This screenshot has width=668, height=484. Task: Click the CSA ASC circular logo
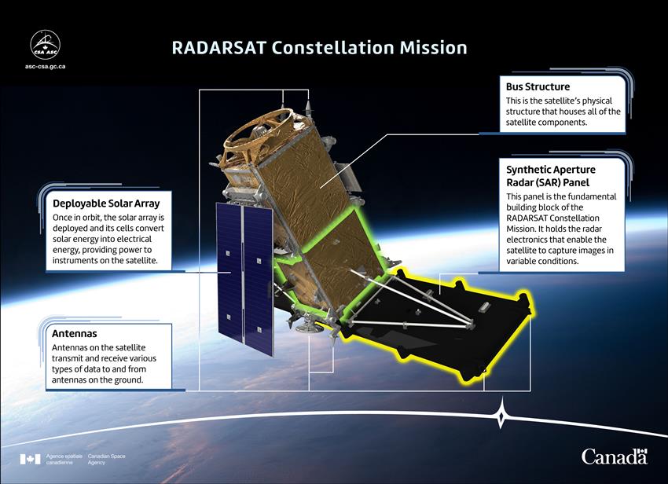point(45,45)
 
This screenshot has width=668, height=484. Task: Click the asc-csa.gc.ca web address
point(45,67)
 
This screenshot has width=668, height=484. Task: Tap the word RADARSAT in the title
point(219,47)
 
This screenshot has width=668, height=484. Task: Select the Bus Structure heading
point(538,86)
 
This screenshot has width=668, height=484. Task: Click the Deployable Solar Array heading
point(106,203)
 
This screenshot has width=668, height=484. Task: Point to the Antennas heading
point(75,333)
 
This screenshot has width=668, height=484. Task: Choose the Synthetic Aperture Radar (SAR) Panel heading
point(550,176)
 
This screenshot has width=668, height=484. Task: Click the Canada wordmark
point(615,456)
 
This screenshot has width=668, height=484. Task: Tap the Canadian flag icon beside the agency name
point(30,460)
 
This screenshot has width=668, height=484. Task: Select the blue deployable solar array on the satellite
point(244,278)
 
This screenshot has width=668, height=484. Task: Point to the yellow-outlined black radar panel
point(439,324)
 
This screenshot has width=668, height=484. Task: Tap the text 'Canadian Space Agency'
point(107,460)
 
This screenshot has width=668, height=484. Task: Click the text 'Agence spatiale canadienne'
point(64,460)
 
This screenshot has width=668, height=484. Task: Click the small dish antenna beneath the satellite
point(306,326)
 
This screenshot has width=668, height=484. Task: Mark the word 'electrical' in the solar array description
point(134,239)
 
